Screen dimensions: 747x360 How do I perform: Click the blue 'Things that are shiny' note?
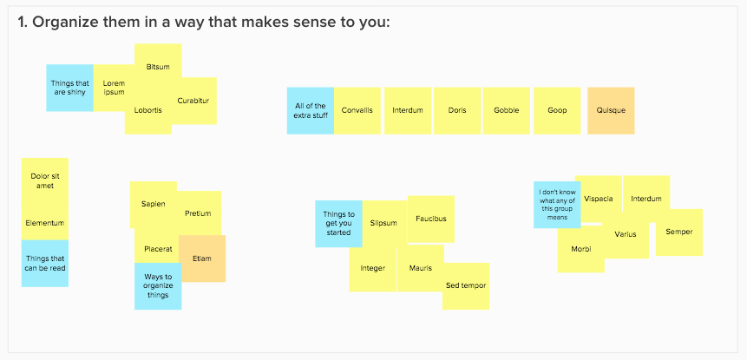pos(69,88)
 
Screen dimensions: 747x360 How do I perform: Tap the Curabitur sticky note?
pos(193,101)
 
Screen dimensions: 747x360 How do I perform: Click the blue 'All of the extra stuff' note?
pos(310,110)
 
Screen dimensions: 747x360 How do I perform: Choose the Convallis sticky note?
pos(357,110)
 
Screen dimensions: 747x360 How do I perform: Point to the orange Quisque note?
pos(611,110)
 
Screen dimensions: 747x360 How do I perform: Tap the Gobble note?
pos(506,110)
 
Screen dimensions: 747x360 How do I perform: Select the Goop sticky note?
pos(557,110)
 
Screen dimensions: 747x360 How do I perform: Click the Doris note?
pos(457,110)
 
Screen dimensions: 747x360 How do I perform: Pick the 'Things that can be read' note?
pos(45,264)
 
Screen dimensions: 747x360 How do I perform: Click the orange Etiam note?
pos(202,259)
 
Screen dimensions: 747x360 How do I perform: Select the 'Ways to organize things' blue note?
pos(158,286)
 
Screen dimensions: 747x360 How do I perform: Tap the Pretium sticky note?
pos(198,213)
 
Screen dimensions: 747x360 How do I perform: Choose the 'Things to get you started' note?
pos(338,224)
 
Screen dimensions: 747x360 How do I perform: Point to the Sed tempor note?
pos(466,286)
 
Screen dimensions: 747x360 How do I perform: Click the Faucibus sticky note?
pos(430,219)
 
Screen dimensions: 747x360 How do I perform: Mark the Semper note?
pos(678,232)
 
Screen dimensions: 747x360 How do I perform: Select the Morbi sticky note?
pos(580,249)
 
